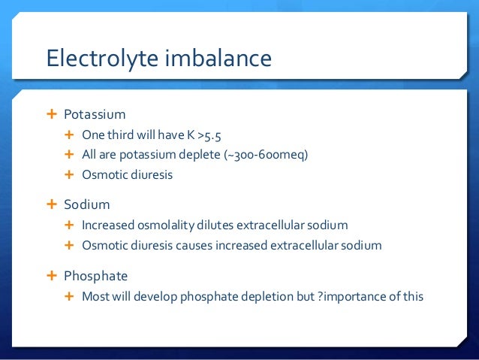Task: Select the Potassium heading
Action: pos(95,115)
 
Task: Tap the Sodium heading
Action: pos(86,204)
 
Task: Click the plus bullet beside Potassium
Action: pos(52,114)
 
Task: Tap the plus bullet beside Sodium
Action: pos(52,204)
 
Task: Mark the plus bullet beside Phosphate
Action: pos(52,275)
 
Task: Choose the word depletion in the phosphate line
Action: pos(266,296)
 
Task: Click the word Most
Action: pos(95,296)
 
